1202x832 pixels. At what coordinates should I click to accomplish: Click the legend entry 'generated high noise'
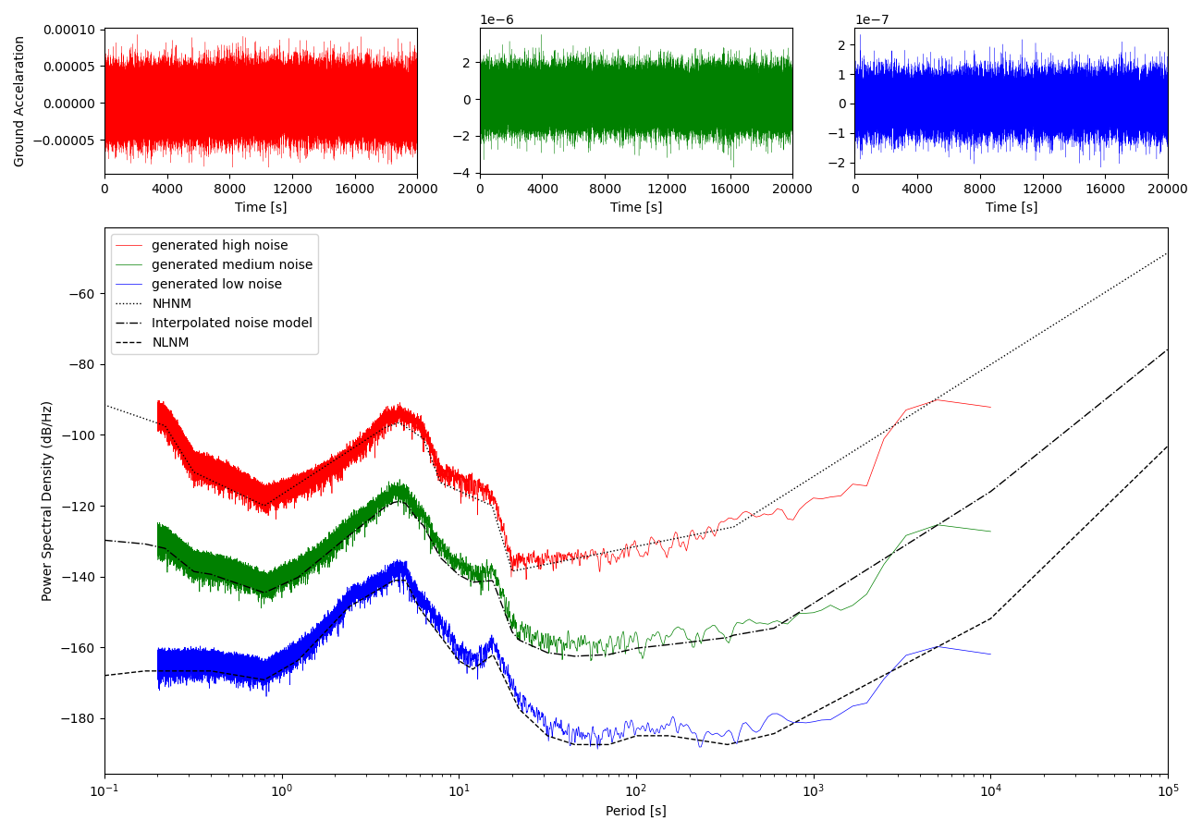(x=219, y=245)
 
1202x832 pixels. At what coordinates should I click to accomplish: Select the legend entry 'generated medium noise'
(x=231, y=264)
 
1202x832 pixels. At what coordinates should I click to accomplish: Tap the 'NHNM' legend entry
(x=171, y=303)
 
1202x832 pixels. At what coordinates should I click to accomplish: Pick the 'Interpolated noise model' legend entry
(x=231, y=323)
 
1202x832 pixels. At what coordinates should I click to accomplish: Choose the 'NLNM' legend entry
(x=170, y=342)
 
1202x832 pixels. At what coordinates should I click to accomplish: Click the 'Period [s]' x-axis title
(x=635, y=812)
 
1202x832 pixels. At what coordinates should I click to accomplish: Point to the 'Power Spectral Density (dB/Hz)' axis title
(x=47, y=500)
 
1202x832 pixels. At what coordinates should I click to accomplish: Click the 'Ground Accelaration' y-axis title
(x=19, y=102)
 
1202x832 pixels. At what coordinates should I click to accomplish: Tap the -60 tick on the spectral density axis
(x=82, y=294)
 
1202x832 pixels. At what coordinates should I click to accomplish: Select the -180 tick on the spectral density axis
(x=79, y=719)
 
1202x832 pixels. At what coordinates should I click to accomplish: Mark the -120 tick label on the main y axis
(x=79, y=507)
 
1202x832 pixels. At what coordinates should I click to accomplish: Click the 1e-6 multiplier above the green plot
(x=497, y=19)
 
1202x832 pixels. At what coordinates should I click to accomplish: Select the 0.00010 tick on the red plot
(x=70, y=30)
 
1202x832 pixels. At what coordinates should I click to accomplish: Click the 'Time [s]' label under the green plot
(x=635, y=208)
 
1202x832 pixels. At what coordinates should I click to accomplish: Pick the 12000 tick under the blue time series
(x=1042, y=190)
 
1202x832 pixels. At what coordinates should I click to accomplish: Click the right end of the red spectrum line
(x=990, y=407)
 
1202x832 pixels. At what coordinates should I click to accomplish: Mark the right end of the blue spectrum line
(x=990, y=655)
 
